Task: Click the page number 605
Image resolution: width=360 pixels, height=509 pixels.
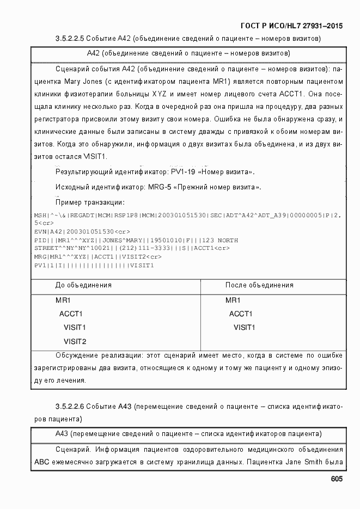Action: click(336, 479)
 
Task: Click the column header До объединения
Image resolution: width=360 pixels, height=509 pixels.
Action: click(83, 285)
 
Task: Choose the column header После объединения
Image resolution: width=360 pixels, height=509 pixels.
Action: click(259, 285)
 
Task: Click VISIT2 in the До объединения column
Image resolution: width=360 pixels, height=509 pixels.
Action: click(75, 342)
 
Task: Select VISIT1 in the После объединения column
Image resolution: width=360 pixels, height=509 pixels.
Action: click(245, 328)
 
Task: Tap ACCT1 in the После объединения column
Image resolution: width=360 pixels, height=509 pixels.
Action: click(241, 314)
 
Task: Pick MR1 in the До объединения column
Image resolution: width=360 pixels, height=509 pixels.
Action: click(63, 301)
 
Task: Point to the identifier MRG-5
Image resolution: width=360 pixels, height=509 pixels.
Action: click(160, 187)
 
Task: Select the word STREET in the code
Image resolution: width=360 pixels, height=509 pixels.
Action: click(45, 248)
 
